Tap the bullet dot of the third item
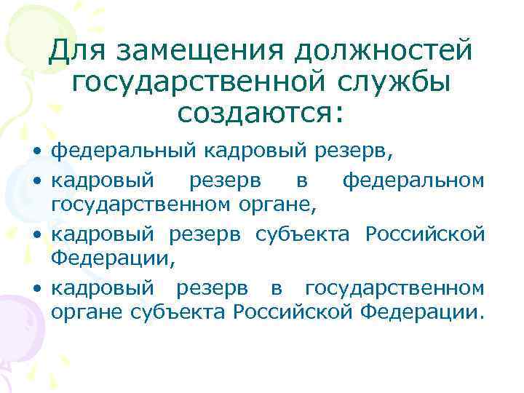point(36,236)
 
